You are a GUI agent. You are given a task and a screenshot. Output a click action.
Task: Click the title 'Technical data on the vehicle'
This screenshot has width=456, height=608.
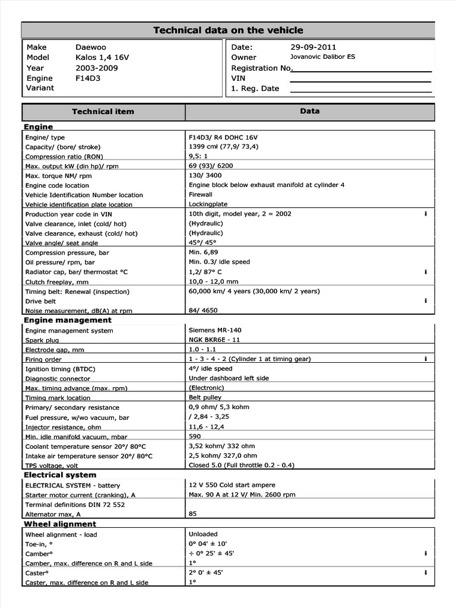pos(228,30)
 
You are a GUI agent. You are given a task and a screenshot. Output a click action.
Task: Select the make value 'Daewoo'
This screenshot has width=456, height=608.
pos(91,47)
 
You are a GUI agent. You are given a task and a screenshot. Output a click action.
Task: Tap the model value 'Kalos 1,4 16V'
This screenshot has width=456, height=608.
pos(102,58)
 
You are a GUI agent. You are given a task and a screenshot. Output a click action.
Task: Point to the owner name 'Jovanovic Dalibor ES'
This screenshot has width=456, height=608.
pos(322,57)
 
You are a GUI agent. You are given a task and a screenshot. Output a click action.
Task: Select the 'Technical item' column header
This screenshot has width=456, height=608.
pos(103,112)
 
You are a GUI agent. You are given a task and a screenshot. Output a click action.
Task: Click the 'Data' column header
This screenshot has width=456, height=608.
pos(309,111)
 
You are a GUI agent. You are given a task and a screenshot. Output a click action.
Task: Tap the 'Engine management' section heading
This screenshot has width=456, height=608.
pos(67,320)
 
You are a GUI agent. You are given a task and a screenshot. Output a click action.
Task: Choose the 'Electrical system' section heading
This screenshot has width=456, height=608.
pos(59,475)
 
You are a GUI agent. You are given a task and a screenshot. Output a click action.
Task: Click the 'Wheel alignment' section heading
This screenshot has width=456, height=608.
pos(59,524)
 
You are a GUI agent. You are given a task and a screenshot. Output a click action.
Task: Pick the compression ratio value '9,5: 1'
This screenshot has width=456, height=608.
pos(198,156)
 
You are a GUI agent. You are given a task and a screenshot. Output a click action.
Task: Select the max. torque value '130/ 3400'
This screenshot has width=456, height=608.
pos(205,175)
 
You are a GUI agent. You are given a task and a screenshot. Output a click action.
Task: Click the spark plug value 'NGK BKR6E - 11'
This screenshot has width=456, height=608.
pos(214,340)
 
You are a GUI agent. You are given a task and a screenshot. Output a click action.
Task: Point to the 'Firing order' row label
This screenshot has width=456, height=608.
pos(43,359)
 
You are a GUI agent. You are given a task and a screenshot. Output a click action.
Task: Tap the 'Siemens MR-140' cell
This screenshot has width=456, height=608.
pos(215,330)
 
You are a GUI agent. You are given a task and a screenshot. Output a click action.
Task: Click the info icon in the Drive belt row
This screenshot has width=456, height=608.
pos(426,301)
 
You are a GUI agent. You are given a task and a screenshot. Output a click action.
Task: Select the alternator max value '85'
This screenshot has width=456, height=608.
pos(193,514)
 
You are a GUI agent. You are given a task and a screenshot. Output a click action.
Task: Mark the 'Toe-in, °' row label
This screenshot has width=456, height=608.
pos(39,544)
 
